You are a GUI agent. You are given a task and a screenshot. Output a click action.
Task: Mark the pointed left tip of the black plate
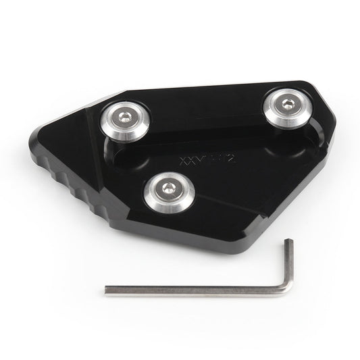tap(48, 147)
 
